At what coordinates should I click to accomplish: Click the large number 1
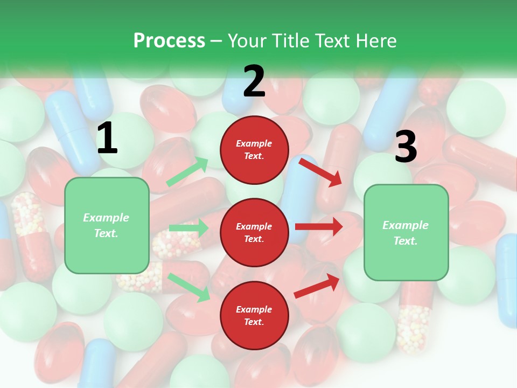point(107,138)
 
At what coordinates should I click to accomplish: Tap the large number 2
point(254,81)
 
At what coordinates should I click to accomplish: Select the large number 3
point(406,147)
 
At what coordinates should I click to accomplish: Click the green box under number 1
point(107,225)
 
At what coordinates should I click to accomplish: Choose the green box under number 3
point(406,232)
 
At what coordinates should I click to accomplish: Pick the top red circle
point(254,150)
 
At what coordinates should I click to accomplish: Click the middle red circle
point(254,232)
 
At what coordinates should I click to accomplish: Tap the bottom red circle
point(254,315)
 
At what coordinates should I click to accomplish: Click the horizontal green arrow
point(188,228)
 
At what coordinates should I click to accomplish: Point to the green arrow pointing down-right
point(189,287)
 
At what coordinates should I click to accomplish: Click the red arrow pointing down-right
point(320,171)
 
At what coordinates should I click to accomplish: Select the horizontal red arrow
point(319,226)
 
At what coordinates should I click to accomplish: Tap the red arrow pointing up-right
point(317,286)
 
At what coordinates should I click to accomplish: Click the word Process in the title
point(169,40)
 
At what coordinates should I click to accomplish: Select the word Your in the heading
point(247,40)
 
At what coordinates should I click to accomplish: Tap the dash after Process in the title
point(216,41)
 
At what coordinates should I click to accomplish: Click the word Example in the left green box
point(106,217)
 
